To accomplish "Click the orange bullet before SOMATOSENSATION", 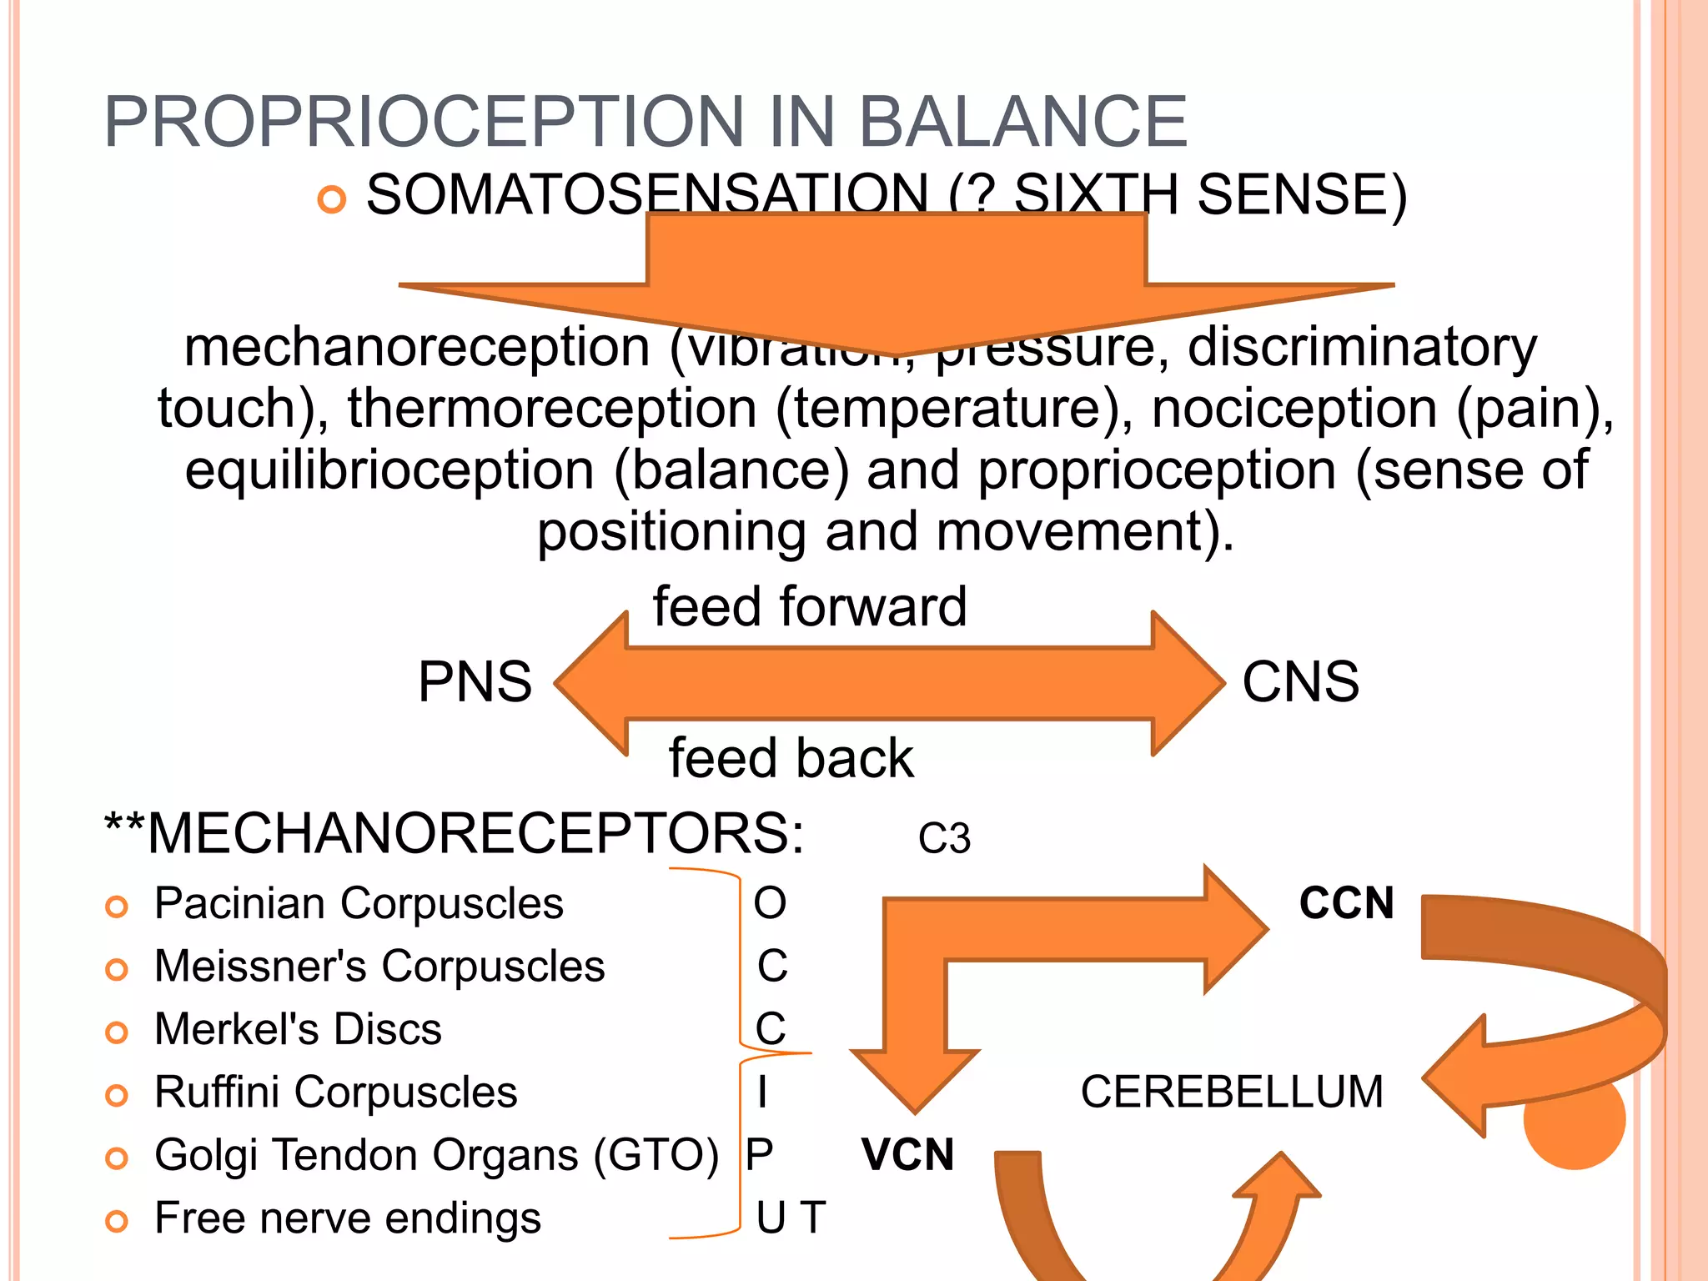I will [332, 200].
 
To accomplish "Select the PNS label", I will [475, 682].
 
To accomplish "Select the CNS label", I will [1300, 682].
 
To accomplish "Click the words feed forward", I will [809, 606].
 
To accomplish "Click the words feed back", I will [791, 758].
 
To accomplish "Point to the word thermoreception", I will [552, 409].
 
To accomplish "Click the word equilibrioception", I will [389, 470].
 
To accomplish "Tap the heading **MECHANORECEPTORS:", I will [455, 832].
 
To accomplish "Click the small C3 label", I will [944, 838].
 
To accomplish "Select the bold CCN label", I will [1346, 903].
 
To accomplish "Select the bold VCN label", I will [907, 1155].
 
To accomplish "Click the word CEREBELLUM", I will [1232, 1092].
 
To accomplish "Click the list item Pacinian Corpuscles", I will [359, 903].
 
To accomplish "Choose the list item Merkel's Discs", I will [298, 1029].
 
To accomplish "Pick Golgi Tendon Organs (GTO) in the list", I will [436, 1155].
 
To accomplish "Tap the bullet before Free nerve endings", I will [117, 1222].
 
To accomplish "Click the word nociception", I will [1294, 409].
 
